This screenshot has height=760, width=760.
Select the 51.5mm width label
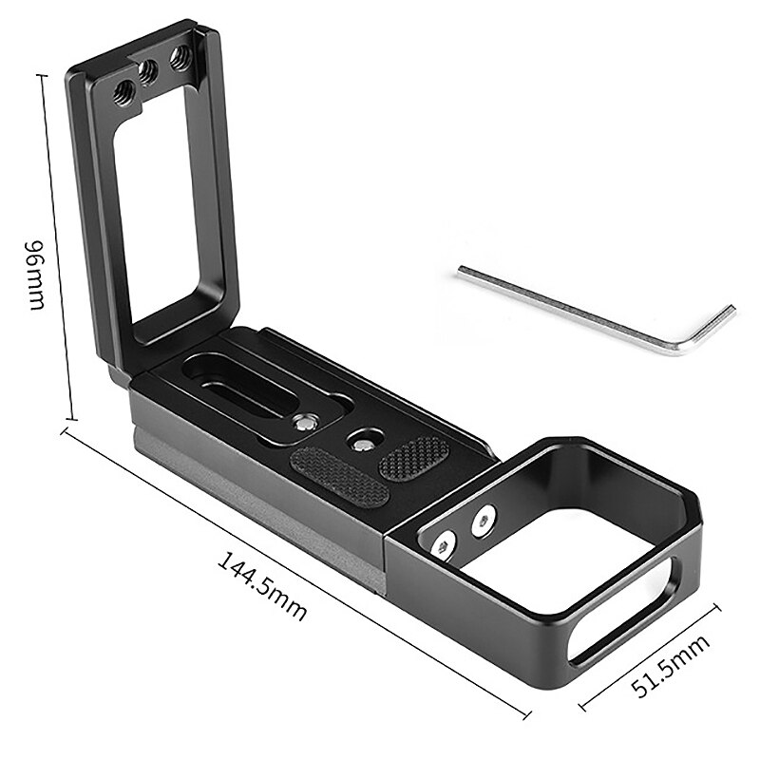coord(674,670)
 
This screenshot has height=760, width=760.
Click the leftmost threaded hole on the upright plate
coord(123,92)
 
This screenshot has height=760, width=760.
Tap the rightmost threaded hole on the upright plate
coord(179,59)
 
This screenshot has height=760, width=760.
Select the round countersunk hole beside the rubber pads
coord(359,441)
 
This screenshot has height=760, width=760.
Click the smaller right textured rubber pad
coord(413,458)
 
